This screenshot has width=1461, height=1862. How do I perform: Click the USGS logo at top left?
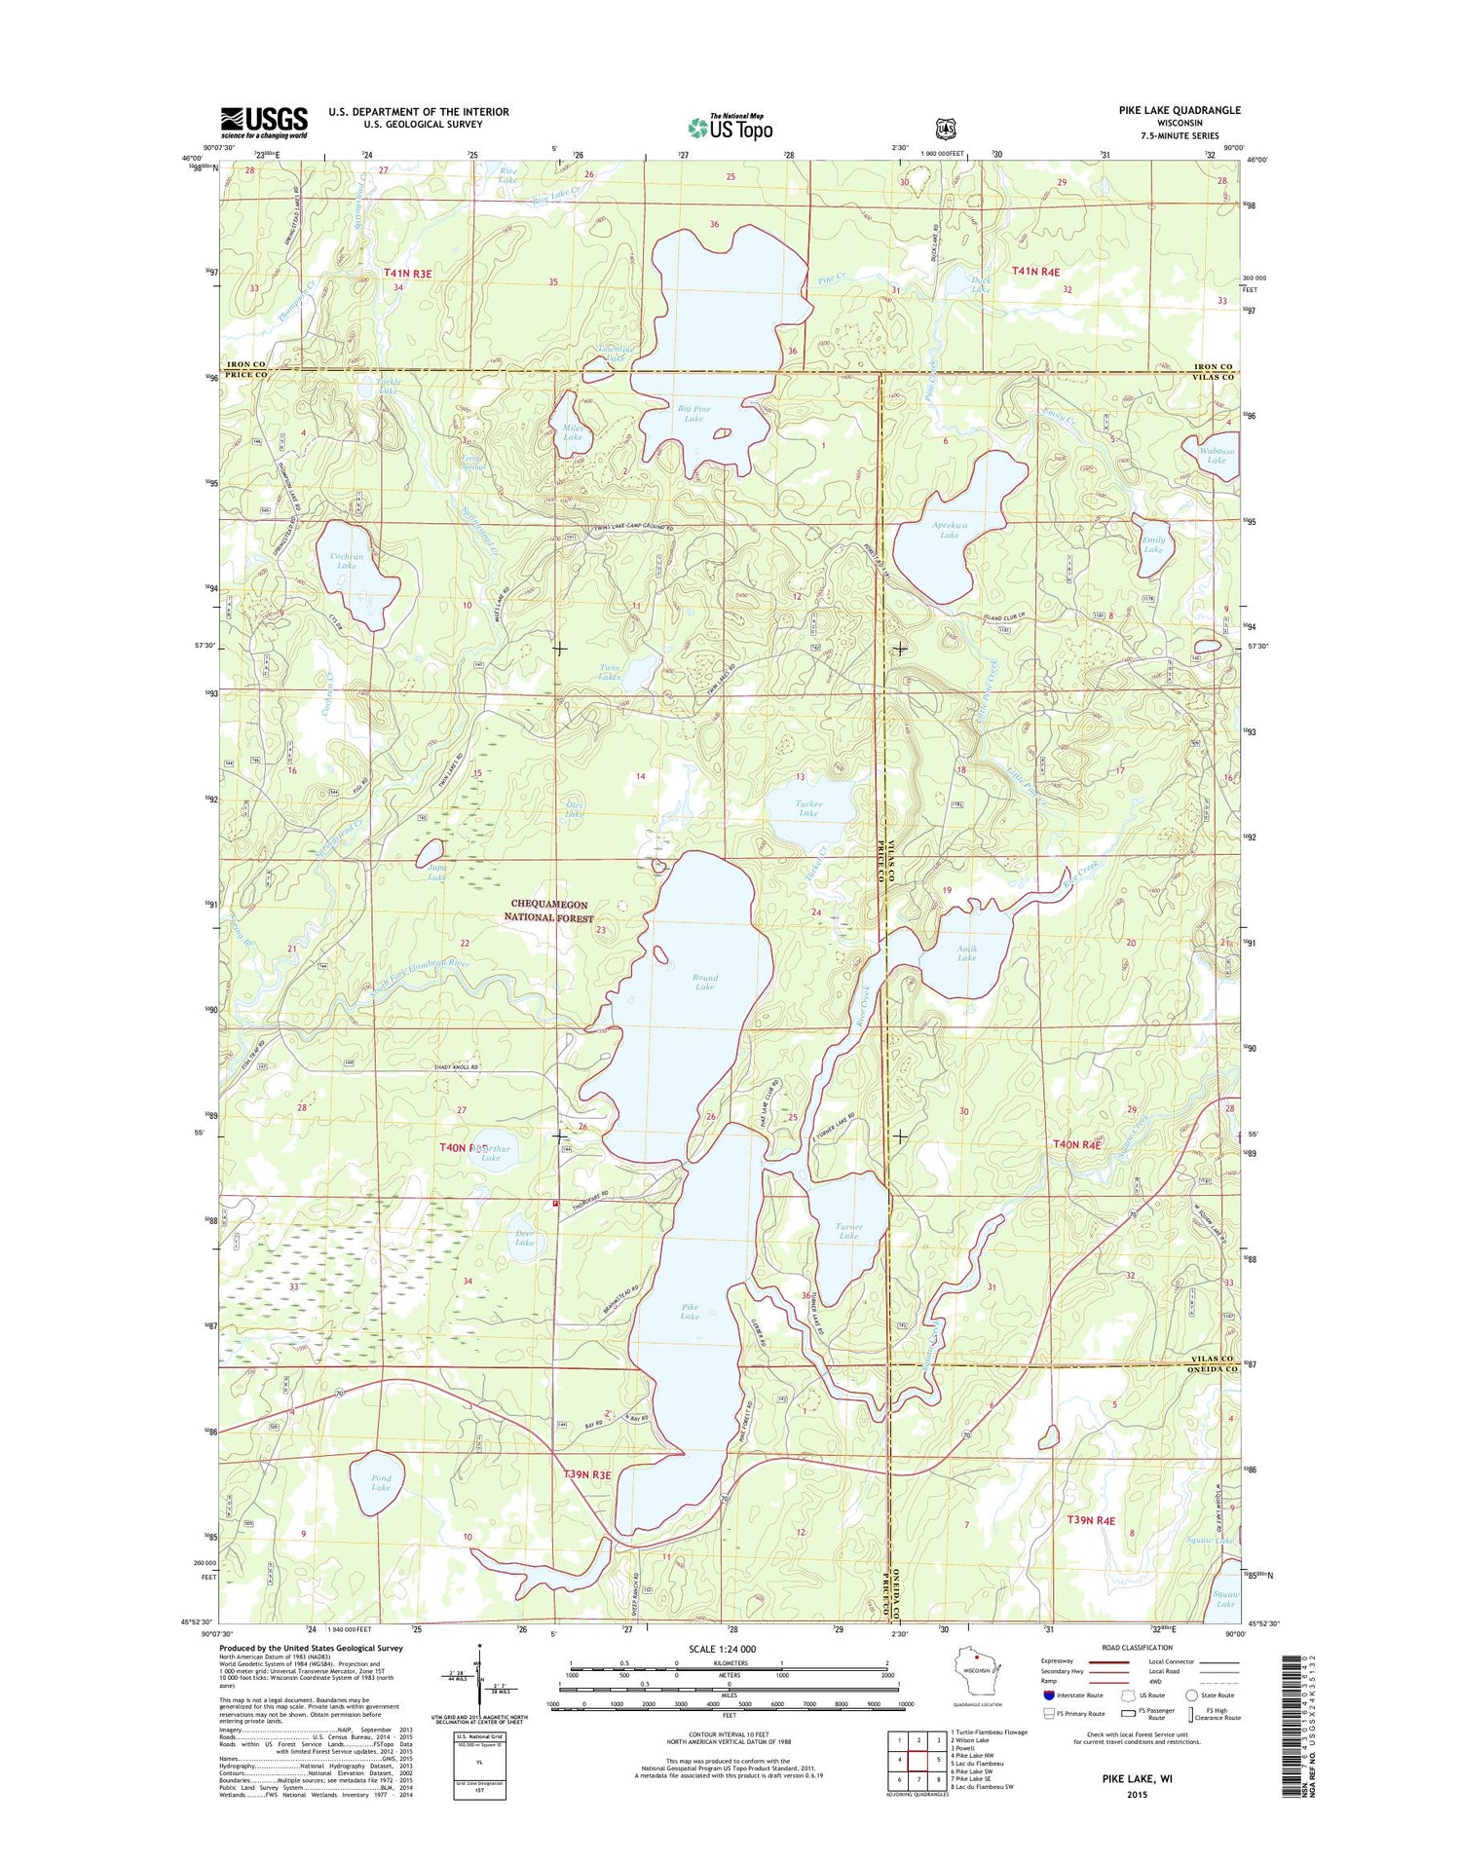(263, 122)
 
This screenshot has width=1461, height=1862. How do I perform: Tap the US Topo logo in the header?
(730, 127)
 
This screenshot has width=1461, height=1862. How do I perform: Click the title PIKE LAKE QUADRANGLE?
(1179, 110)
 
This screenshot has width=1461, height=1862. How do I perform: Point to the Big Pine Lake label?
(693, 414)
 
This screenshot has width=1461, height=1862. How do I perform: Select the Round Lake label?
(704, 982)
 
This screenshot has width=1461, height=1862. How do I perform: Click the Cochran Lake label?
(347, 561)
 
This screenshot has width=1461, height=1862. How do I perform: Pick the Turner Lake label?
(848, 1231)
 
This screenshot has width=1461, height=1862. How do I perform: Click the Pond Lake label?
(381, 1482)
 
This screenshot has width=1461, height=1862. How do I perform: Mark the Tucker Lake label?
(808, 807)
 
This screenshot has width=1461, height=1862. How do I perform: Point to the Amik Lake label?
(966, 952)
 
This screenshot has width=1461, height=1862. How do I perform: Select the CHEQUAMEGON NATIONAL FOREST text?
(552, 911)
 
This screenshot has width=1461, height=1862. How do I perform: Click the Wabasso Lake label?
(1217, 455)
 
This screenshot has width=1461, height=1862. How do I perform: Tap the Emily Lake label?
(1153, 544)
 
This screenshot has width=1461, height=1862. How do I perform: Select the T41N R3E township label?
(407, 275)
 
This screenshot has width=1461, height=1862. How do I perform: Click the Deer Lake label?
(524, 1238)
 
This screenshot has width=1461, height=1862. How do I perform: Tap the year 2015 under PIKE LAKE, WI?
(1136, 1795)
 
